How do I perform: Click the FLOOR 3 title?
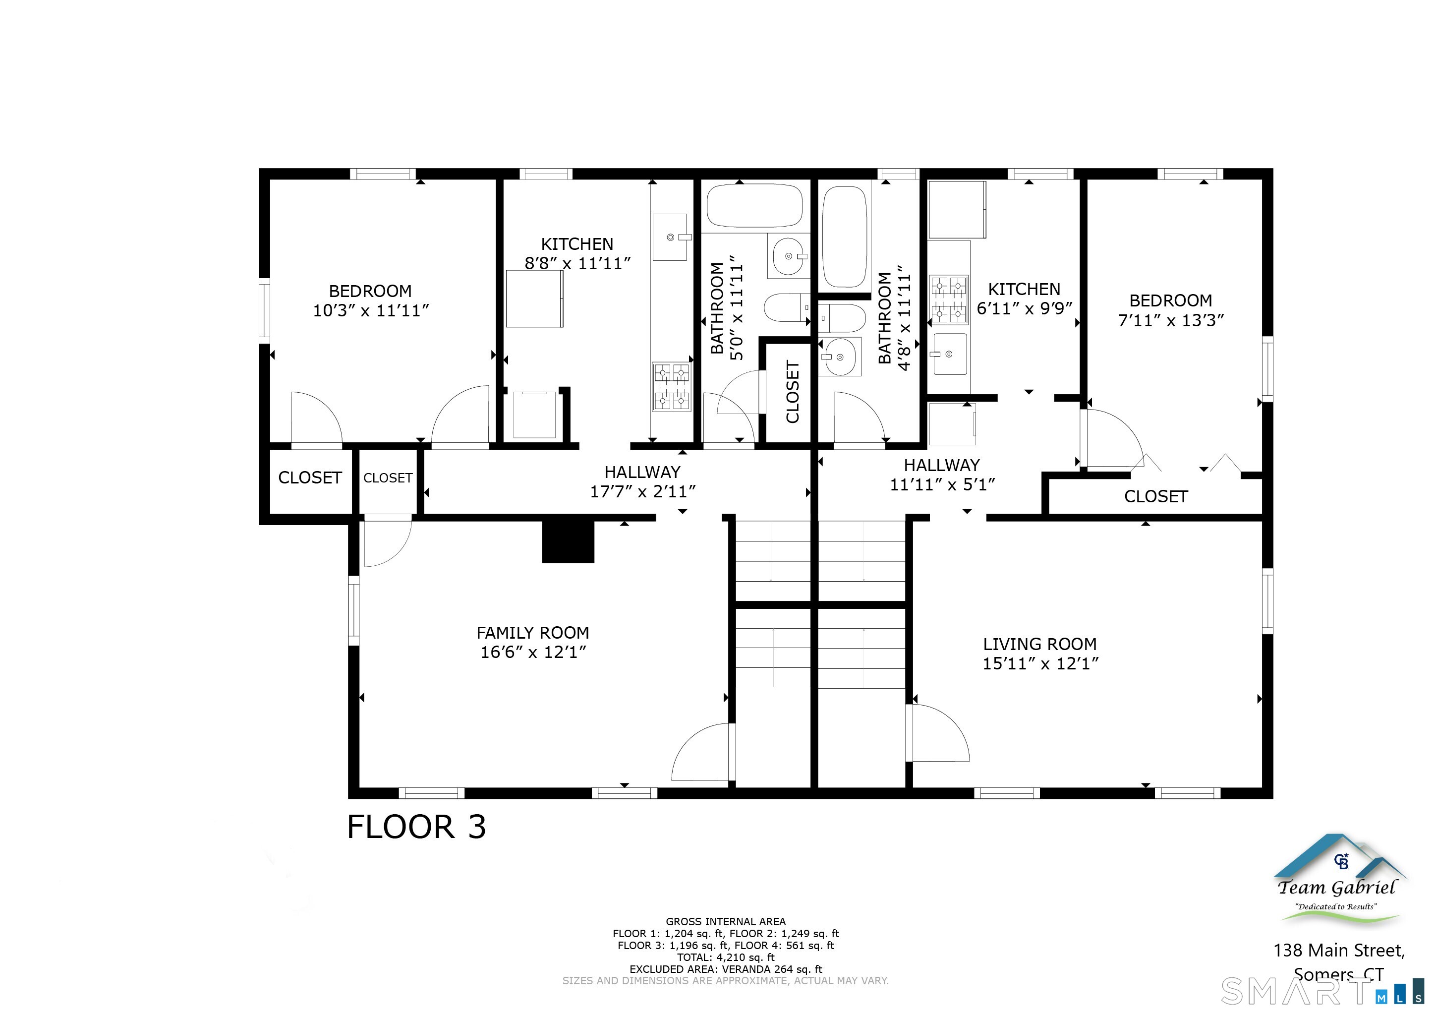point(416,827)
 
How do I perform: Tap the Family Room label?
point(533,633)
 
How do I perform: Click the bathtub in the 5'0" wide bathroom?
point(754,205)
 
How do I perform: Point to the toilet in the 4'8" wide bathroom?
point(842,318)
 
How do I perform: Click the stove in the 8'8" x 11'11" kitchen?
point(672,387)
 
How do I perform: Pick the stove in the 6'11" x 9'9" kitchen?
point(949,299)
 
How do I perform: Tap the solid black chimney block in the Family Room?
point(568,542)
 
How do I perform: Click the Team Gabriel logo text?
point(1336,887)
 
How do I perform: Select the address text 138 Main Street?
point(1339,951)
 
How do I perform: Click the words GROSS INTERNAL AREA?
point(726,921)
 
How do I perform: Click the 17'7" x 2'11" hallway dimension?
point(642,492)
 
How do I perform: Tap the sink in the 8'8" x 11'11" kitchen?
point(670,237)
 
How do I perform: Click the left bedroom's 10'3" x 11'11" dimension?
point(371,310)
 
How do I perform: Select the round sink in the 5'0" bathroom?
point(789,256)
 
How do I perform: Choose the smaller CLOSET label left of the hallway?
point(388,478)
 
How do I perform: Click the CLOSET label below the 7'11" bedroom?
point(1156,497)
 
